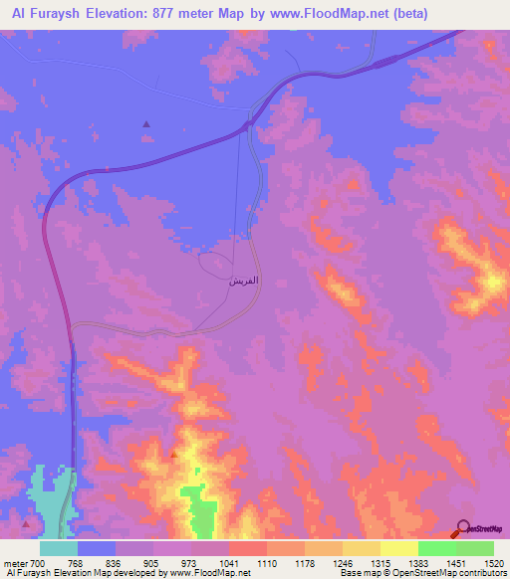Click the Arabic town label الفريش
[244, 282]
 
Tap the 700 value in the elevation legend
[37, 564]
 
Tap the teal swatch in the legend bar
[59, 548]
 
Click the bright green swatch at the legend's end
[475, 548]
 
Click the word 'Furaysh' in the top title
[51, 14]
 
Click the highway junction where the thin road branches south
[247, 126]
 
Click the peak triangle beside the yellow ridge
[174, 455]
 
